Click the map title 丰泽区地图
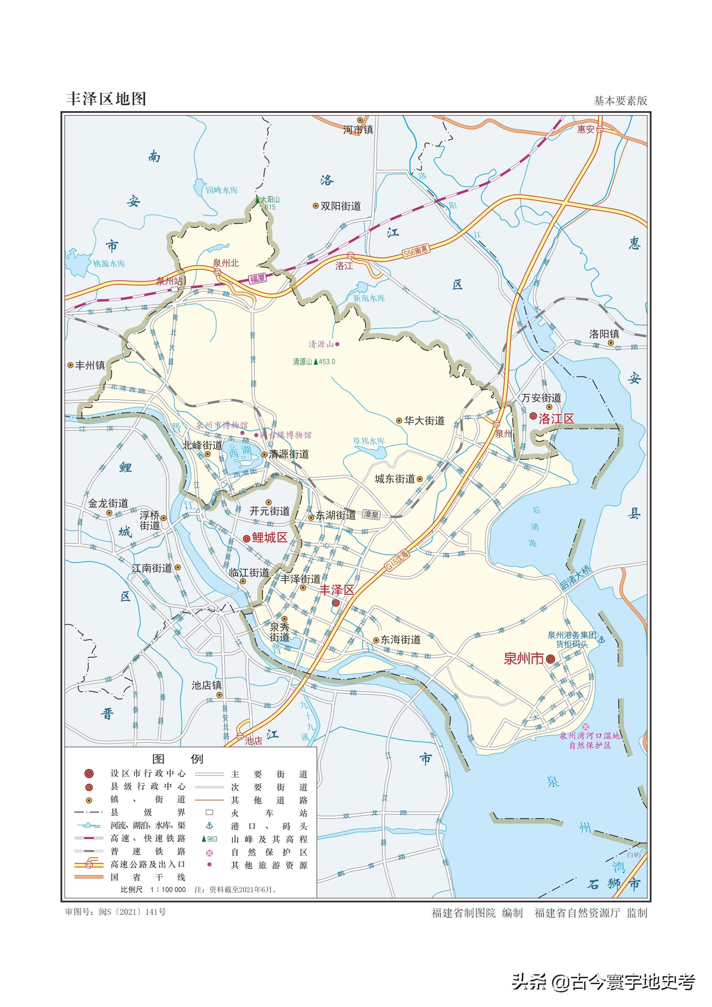[x=106, y=99]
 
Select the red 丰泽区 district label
[x=337, y=590]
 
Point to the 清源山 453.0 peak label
[x=314, y=362]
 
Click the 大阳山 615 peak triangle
[x=258, y=200]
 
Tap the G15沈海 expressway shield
[x=397, y=561]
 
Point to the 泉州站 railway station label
[x=169, y=281]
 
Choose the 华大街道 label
[x=424, y=421]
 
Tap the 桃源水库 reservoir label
[x=109, y=264]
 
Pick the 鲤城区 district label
[x=269, y=538]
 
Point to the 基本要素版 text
[x=620, y=101]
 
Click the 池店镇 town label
[x=206, y=685]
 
